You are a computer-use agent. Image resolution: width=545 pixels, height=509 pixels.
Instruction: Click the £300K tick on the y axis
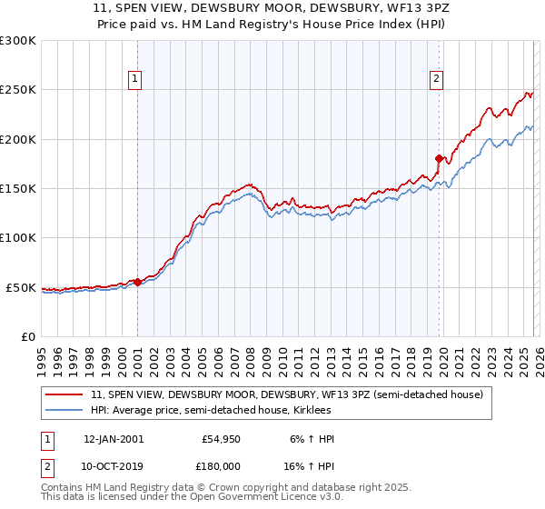18,41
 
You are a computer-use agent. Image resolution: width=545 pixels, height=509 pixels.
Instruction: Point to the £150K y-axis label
18,189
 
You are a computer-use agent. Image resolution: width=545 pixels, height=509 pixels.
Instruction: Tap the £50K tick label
21,287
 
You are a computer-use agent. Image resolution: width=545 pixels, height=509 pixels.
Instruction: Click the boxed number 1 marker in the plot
134,79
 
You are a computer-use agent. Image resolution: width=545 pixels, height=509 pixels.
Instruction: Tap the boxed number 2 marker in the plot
437,79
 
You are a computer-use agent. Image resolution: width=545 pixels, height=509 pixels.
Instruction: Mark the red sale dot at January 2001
137,282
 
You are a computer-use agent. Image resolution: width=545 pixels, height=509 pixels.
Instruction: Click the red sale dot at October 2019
439,158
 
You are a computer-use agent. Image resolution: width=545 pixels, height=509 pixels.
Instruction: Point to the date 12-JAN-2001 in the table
114,439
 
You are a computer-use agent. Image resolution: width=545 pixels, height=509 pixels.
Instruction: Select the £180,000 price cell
220,464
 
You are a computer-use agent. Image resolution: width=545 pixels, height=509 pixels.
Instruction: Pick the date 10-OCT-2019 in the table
114,464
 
